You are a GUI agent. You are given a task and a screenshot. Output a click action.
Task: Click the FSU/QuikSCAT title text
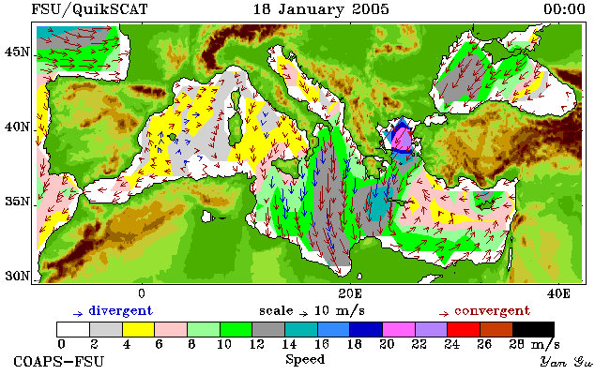89,9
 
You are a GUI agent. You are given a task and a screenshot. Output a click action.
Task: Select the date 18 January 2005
321,9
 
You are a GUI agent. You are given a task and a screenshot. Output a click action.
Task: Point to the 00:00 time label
564,9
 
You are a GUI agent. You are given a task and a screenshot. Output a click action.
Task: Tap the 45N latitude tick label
17,52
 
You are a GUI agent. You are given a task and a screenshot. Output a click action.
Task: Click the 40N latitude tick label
17,127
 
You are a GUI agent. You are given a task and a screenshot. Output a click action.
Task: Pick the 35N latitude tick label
17,202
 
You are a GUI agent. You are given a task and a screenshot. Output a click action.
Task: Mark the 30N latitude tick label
17,276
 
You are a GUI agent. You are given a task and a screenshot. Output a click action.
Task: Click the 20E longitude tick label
350,293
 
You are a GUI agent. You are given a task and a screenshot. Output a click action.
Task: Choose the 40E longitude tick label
558,293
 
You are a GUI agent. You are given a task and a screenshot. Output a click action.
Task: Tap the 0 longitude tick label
142,293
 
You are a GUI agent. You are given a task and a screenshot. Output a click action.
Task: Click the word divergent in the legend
121,311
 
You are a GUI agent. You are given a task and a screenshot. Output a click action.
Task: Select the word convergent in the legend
492,311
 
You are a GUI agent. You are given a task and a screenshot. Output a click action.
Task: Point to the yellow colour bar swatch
138,330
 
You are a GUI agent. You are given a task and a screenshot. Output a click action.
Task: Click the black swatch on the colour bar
534,330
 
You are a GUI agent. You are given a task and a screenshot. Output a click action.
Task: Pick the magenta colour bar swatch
399,330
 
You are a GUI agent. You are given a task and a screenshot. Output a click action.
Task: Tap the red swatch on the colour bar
464,330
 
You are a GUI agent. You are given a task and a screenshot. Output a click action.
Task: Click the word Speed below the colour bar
305,360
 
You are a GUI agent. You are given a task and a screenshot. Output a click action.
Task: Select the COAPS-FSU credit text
59,361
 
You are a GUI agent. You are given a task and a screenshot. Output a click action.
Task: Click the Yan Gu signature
566,362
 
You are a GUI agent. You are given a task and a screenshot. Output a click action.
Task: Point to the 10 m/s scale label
339,311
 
